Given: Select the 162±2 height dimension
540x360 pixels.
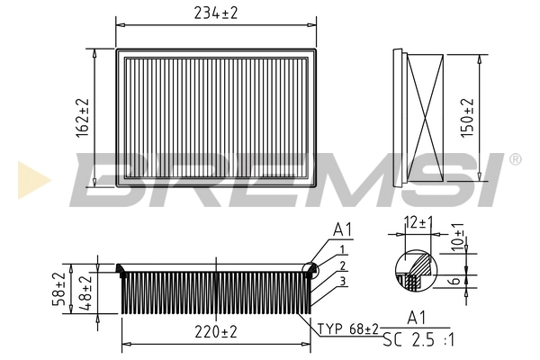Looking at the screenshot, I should (x=83, y=116).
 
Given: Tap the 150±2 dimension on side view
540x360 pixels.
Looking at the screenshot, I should (x=466, y=116).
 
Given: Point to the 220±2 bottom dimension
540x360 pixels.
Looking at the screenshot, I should (x=215, y=332).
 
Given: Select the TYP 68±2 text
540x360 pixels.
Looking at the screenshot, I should (x=347, y=328).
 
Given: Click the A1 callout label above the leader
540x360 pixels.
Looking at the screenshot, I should (x=341, y=230).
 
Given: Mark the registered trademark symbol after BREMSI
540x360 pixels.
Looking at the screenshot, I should (x=515, y=159).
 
